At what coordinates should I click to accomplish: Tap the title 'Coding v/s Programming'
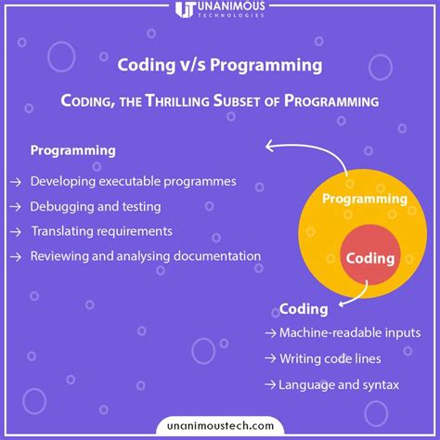click(220, 65)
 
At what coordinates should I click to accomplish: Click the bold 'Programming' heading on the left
click(73, 150)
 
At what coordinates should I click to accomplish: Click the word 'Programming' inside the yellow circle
click(365, 199)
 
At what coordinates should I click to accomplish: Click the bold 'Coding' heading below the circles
click(304, 309)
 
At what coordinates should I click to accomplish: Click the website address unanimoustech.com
click(220, 423)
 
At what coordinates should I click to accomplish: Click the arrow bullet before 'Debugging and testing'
click(16, 206)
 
